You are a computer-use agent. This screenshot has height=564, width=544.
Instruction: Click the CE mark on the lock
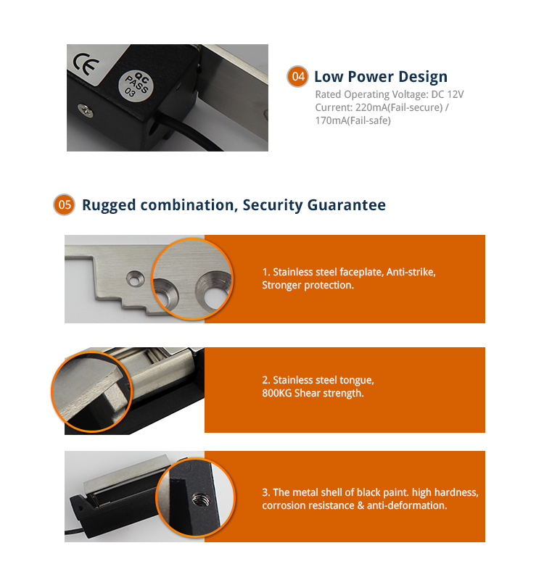coord(86,64)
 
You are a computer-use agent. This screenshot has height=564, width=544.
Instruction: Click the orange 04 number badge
coord(297,76)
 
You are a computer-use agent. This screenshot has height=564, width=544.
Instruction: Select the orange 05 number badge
coord(65,204)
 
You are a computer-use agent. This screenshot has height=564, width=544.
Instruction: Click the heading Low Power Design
coord(381,77)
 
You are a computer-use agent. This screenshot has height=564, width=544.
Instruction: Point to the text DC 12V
coord(448,94)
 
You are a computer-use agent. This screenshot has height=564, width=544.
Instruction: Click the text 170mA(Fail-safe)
coord(353,120)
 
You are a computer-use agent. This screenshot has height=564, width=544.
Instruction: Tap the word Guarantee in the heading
coord(347,204)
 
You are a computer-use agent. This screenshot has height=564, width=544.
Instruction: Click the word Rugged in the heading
coord(109,205)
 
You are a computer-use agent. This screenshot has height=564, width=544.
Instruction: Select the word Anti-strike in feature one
coord(411,272)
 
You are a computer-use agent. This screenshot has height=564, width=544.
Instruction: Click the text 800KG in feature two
coord(276,393)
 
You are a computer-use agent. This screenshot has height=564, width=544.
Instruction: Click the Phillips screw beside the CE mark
coord(86,110)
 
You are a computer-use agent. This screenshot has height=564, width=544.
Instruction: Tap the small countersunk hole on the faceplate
coord(136,279)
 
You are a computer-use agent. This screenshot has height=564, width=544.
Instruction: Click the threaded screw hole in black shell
coord(199,500)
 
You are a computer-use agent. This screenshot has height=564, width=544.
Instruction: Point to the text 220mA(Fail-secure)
coord(399,107)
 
